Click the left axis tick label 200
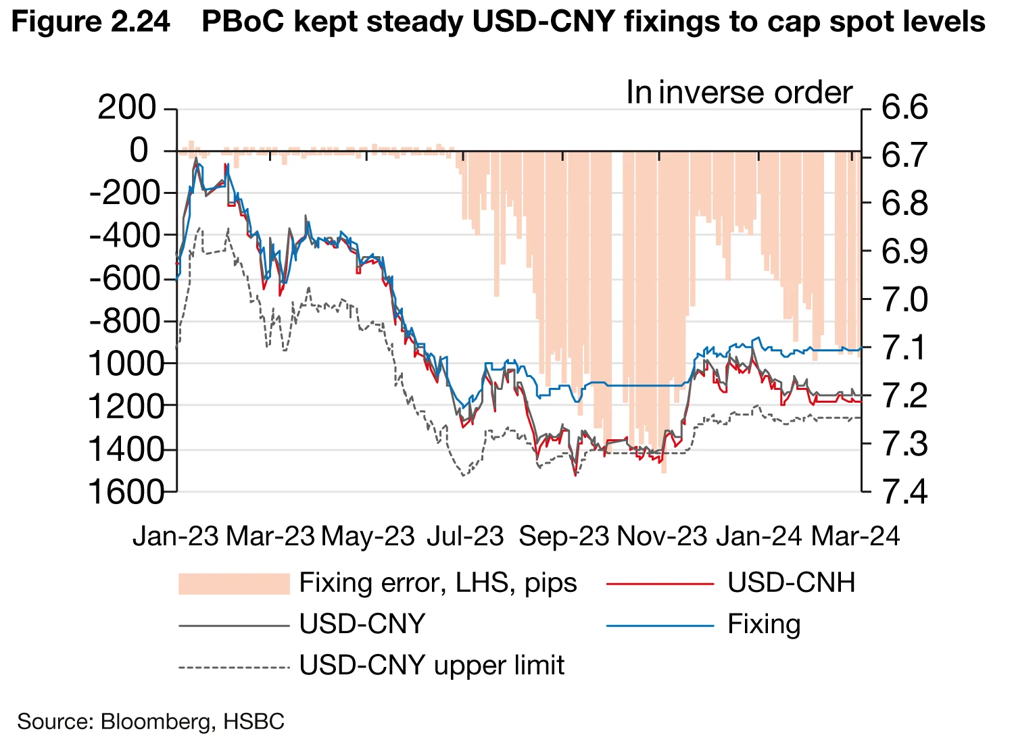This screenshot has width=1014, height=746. coord(127,108)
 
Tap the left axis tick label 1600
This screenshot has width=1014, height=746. coord(127,491)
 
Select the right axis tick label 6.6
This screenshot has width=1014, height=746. coord(905,108)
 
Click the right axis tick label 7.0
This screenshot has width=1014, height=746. coord(905,299)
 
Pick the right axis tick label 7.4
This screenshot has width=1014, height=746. coord(905,491)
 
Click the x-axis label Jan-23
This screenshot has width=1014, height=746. coord(176,536)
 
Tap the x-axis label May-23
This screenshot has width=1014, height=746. coord(368,536)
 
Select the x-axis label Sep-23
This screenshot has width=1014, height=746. coord(564,536)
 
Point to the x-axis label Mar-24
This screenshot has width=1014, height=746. coord(855,536)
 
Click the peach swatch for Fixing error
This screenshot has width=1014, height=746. coord(234,584)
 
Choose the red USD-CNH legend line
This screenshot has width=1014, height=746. coord(660,584)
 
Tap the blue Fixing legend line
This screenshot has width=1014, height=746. coord(660,625)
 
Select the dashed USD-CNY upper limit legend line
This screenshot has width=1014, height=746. coord(234,667)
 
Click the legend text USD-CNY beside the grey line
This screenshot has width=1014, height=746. coord(362,624)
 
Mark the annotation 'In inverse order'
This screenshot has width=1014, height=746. coord(739,93)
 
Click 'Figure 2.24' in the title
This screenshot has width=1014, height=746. coord(91,22)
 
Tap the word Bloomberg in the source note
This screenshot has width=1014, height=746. coord(155,721)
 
